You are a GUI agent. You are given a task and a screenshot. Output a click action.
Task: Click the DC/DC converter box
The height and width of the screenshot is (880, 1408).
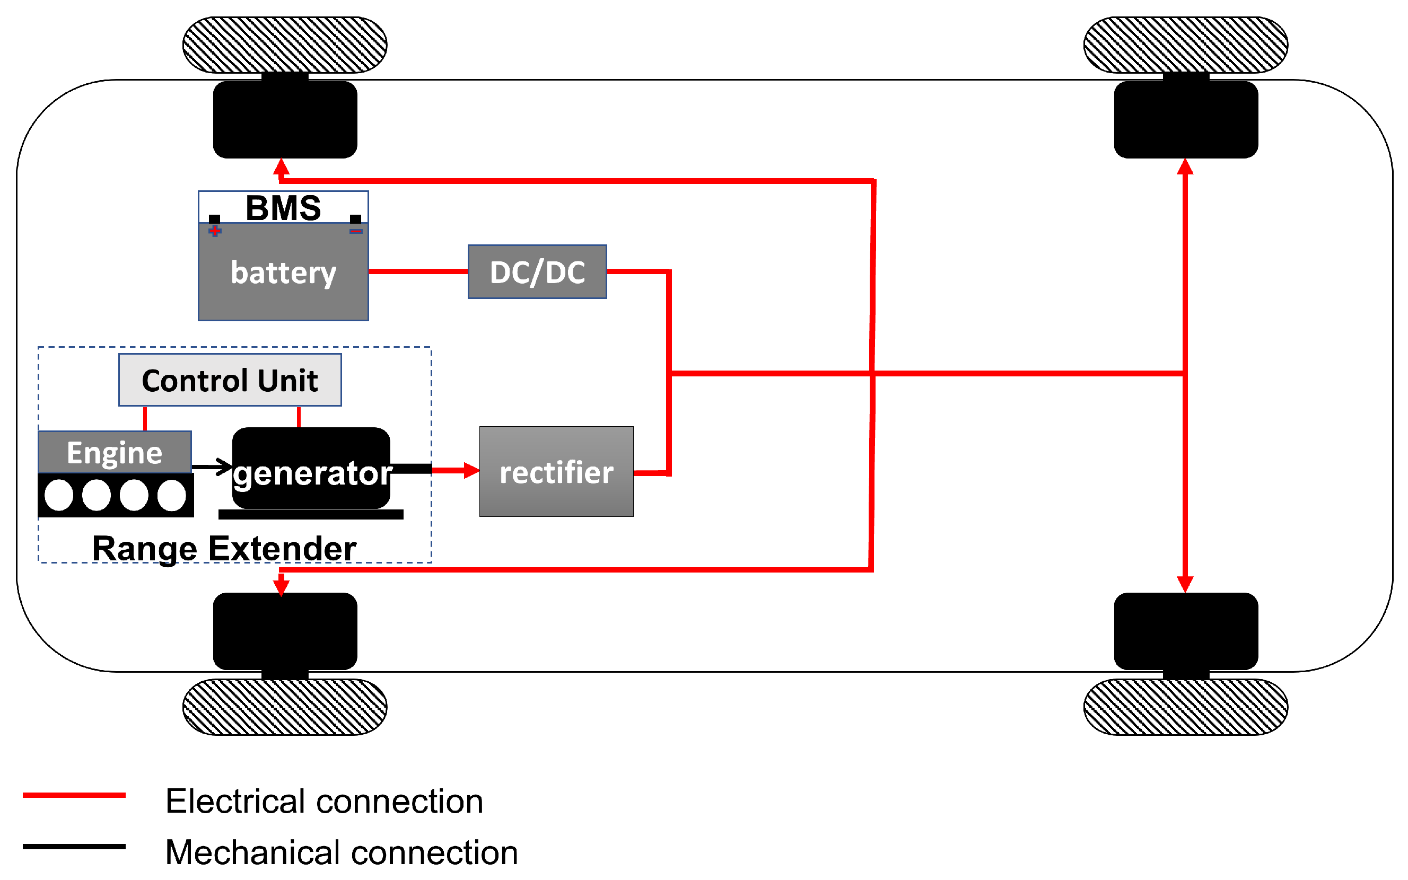[x=537, y=272]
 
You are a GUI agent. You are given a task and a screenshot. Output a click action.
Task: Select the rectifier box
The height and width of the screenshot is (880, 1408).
[x=556, y=471]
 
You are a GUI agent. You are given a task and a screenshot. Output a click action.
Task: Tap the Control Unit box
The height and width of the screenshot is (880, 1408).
[x=230, y=380]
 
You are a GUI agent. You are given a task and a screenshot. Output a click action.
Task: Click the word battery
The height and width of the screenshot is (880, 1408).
[x=284, y=272]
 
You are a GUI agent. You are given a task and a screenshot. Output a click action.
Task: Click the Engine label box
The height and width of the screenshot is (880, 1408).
[x=115, y=452]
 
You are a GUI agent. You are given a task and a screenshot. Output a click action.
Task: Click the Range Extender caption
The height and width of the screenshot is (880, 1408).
[x=224, y=548]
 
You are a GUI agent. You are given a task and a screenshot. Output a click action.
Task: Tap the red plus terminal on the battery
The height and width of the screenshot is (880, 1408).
[x=215, y=231]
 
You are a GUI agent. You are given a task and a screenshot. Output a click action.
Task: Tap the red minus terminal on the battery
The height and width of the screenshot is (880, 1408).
[x=356, y=231]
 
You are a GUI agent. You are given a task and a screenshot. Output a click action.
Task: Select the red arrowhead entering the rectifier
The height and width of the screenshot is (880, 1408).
[x=471, y=470]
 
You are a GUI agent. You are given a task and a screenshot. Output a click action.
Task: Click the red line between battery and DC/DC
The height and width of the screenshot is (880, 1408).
[x=418, y=271]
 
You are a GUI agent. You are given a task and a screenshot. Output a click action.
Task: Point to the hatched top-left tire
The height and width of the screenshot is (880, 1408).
[x=285, y=45]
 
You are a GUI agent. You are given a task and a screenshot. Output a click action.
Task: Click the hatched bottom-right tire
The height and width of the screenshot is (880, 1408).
[x=1185, y=707]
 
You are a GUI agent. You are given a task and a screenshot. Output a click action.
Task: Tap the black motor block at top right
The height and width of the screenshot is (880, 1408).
[x=1185, y=119]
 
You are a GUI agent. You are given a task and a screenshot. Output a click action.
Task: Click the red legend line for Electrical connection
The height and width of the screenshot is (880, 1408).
[x=74, y=795]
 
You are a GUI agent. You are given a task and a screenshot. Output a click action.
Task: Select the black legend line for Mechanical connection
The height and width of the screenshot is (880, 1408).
[x=74, y=846]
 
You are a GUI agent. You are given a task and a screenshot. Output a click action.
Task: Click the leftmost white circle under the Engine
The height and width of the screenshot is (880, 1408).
[x=59, y=495]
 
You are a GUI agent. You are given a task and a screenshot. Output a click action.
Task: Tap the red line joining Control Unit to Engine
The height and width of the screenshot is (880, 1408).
[x=145, y=418]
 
